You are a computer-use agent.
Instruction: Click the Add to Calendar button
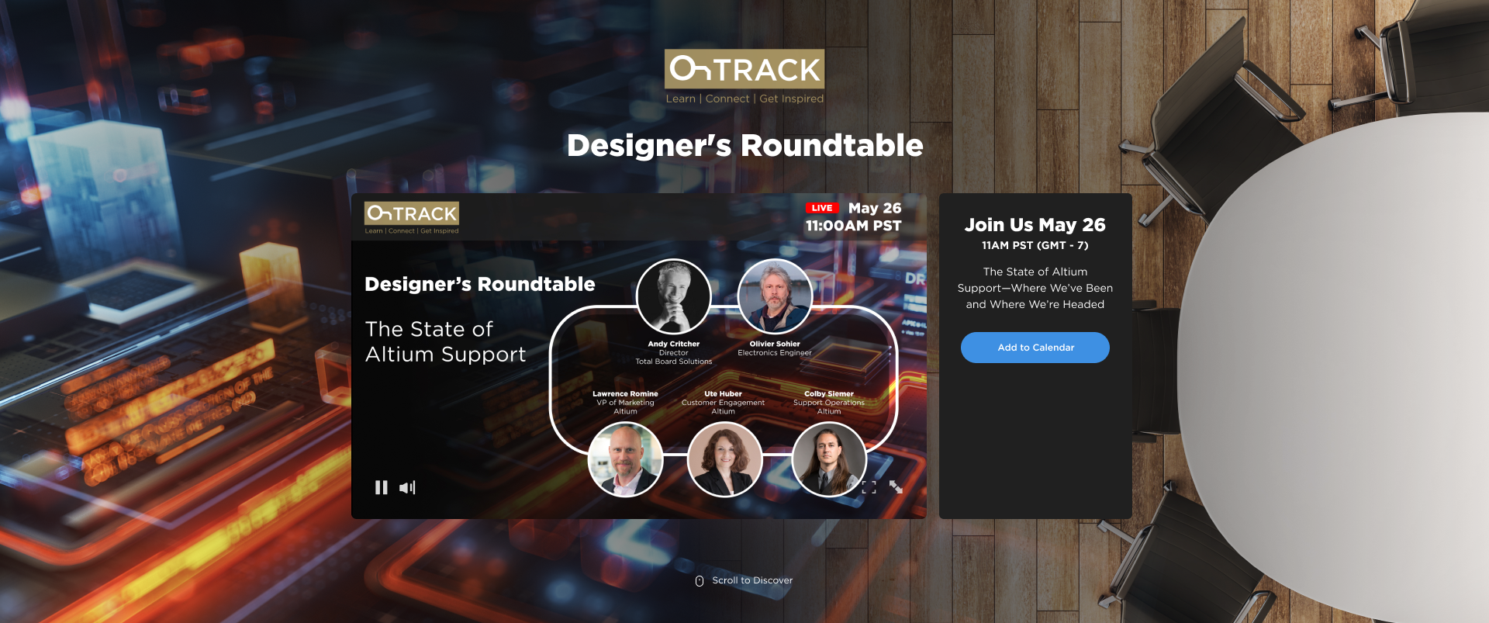tap(1035, 348)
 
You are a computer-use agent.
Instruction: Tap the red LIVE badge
tap(822, 208)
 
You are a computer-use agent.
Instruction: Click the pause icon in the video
tap(381, 487)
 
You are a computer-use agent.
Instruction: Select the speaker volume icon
tap(407, 487)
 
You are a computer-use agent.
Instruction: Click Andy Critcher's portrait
tap(673, 296)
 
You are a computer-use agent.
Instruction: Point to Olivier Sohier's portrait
tap(775, 296)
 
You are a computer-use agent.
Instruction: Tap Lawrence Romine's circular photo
tap(625, 459)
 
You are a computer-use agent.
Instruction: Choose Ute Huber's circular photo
tap(724, 459)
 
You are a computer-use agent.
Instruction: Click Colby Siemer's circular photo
tap(829, 459)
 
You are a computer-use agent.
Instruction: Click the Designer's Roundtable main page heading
tap(744, 146)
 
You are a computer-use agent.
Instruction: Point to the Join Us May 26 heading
tap(1035, 225)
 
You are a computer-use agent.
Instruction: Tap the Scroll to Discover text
tap(752, 580)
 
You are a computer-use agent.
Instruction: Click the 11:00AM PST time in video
tap(853, 226)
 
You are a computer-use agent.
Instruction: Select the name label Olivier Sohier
tap(775, 344)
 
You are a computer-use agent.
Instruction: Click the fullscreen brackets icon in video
tap(869, 487)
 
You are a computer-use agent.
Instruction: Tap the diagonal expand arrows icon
tap(896, 487)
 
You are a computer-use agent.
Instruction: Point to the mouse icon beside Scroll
tap(700, 581)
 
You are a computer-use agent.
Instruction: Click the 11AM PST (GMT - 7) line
tap(1035, 246)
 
